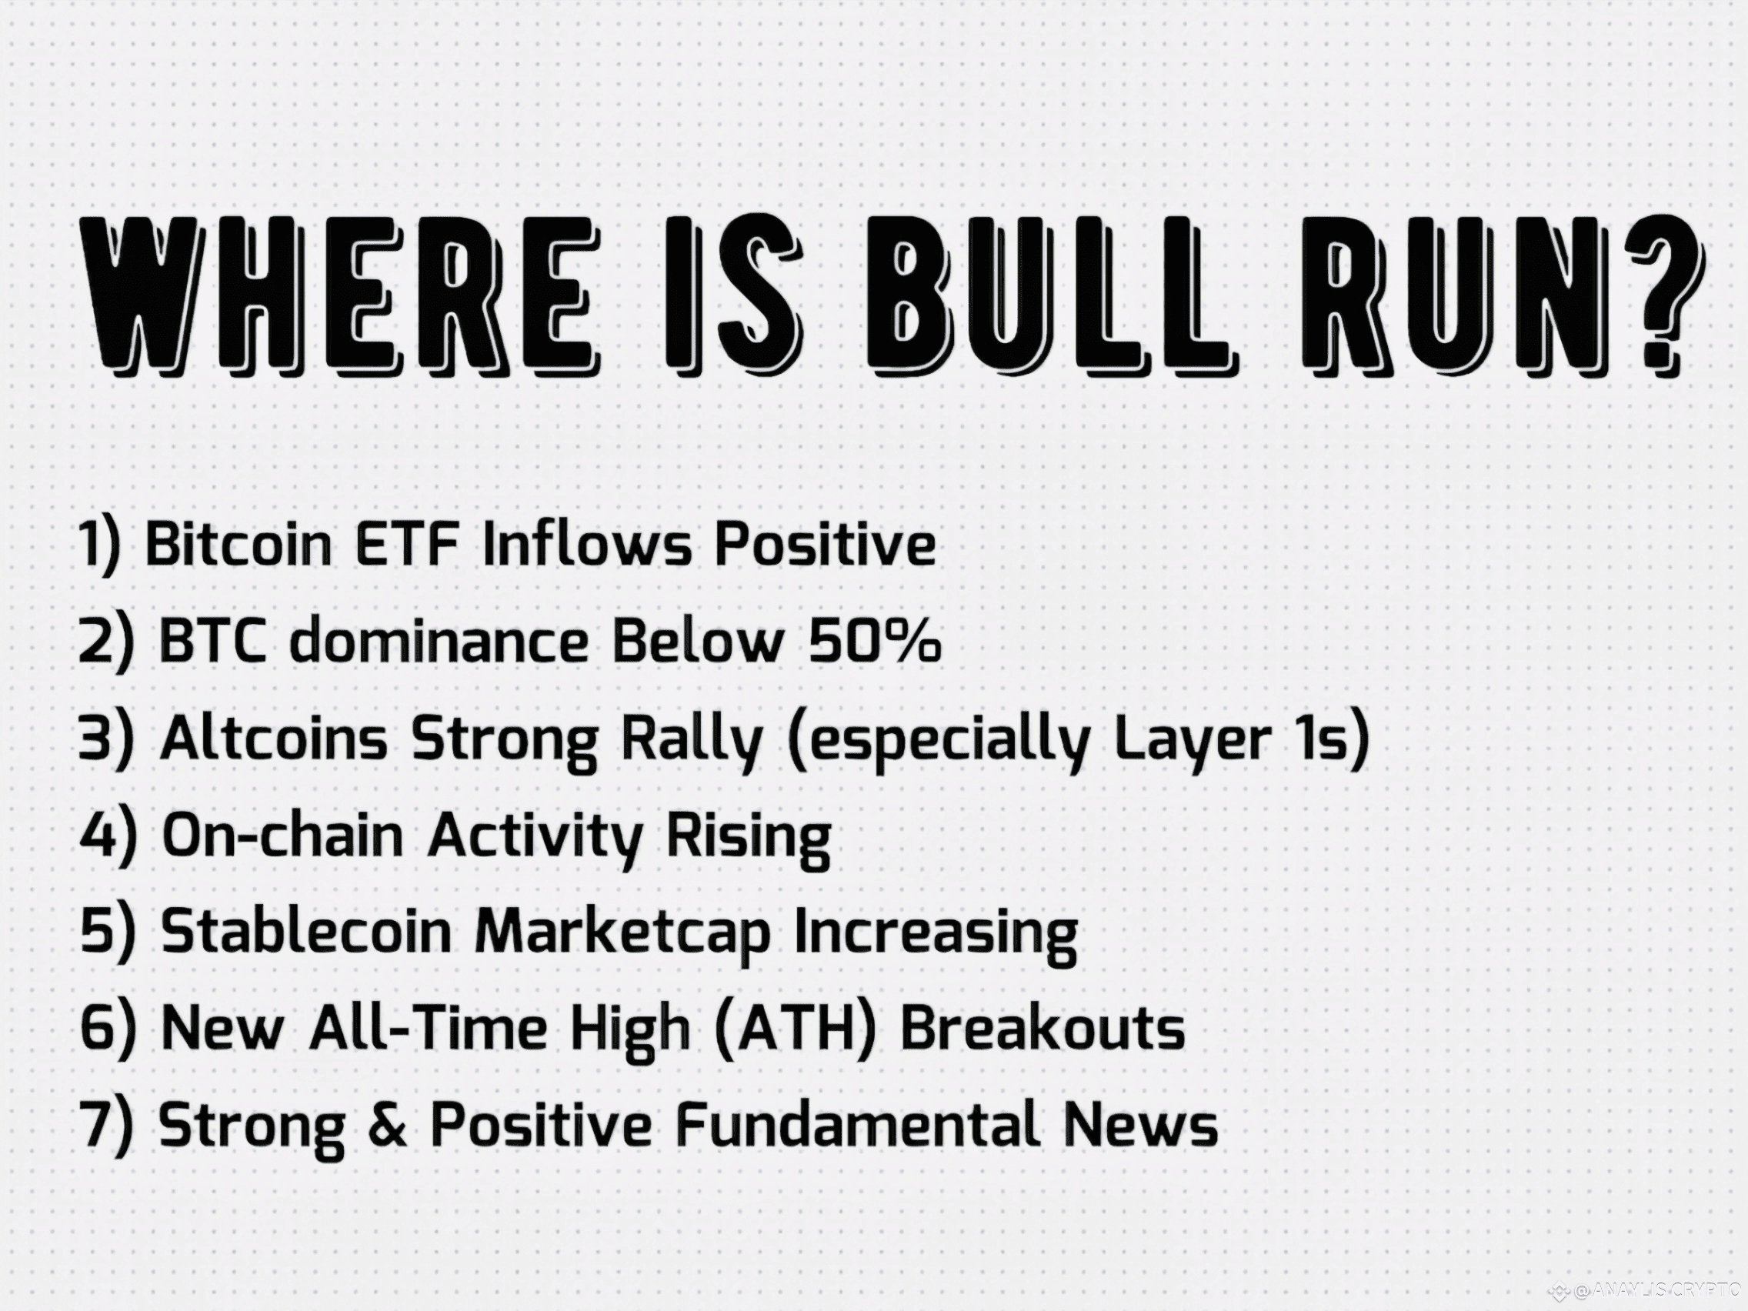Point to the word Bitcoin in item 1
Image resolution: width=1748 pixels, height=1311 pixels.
pos(239,544)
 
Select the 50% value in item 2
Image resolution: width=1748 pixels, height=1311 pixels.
pos(875,640)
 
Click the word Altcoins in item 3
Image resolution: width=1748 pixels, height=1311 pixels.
pos(273,738)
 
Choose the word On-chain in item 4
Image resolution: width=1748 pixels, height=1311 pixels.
pos(282,836)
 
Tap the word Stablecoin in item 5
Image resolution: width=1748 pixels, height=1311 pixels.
pos(305,932)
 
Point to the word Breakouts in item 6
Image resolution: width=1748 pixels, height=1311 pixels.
pos(1043,1028)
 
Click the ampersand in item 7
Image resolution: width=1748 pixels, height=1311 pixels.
pos(387,1126)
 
